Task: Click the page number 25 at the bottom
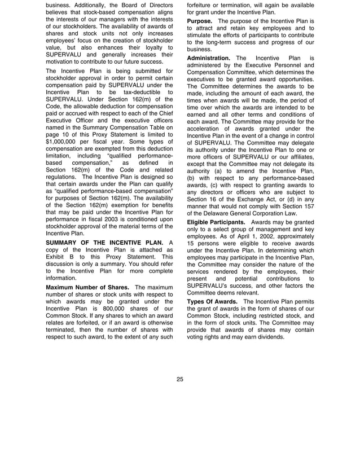click(x=179, y=379)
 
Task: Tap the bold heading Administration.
click(x=209, y=58)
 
